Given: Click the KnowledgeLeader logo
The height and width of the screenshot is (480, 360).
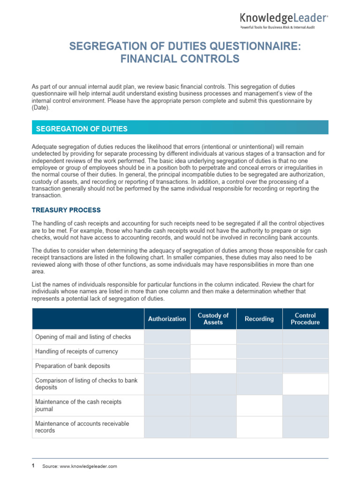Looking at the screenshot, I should point(284,18).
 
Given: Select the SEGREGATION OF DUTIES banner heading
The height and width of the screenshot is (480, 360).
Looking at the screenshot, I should point(82,128).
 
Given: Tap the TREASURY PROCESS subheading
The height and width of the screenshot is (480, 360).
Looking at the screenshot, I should point(66,210).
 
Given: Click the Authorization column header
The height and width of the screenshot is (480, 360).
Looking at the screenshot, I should point(167,319).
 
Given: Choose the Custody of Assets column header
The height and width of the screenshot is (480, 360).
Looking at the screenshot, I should point(213,319).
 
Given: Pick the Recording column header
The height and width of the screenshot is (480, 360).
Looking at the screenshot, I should point(259,319).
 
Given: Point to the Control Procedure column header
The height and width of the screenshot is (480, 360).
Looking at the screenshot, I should point(305,319).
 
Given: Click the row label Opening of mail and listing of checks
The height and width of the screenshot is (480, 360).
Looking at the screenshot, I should point(83,337).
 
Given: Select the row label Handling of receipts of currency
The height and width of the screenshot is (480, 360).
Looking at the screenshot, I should point(76,351).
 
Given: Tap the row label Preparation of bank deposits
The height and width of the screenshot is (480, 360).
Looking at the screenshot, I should point(73,366).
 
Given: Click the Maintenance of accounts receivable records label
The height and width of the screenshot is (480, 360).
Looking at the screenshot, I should point(82,427).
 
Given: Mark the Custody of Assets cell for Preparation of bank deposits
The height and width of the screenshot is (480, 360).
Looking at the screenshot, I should point(213,366).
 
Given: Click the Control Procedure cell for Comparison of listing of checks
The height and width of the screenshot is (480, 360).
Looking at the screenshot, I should point(305,384).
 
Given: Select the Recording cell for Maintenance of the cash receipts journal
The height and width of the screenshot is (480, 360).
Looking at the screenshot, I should point(259,405).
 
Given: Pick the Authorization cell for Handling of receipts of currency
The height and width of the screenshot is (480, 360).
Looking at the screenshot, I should point(167,352).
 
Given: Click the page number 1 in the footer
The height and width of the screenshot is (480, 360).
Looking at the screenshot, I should point(33,465).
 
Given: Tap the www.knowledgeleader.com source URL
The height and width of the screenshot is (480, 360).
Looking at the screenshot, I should point(88,466).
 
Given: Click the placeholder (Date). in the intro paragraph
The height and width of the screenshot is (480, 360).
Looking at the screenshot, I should point(40,107).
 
